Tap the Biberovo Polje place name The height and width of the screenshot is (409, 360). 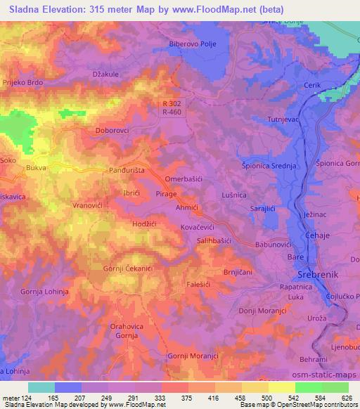[193, 44]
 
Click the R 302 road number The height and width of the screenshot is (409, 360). [172, 103]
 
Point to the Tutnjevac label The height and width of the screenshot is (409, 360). [280, 120]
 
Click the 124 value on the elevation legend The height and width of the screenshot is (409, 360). [24, 398]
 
